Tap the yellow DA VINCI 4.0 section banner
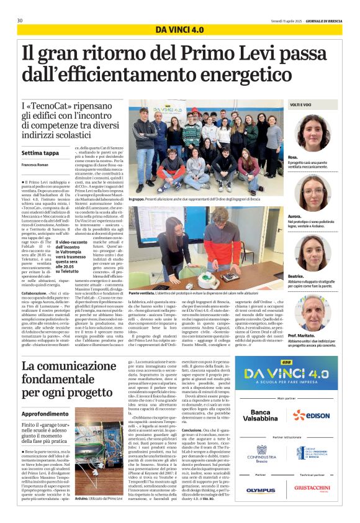tap(179, 30)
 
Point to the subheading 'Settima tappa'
tap(40, 152)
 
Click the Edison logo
tap(312, 415)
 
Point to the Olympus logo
tap(260, 490)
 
